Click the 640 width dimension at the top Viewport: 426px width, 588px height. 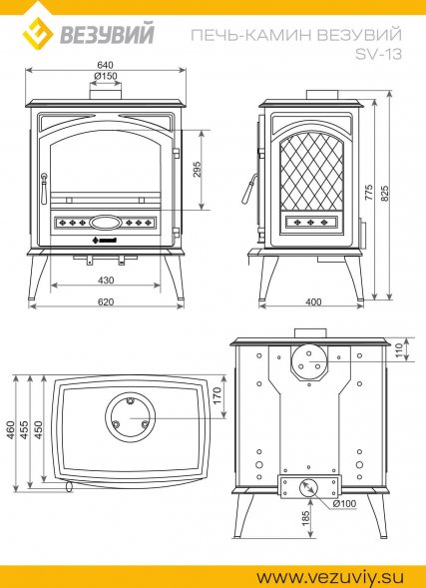[105, 65]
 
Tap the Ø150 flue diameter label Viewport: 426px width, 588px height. [106, 76]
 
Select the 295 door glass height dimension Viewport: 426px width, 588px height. [198, 169]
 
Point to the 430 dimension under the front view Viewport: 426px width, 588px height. [106, 281]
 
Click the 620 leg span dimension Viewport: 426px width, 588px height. [106, 301]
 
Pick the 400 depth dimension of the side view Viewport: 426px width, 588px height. [313, 301]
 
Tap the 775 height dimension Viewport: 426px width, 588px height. [369, 192]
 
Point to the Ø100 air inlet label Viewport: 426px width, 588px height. [344, 504]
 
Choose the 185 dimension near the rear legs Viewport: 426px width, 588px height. [306, 518]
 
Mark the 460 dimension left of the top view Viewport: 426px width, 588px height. [10, 430]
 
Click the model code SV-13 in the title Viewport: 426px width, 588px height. [378, 55]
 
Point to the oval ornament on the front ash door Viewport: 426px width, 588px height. [106, 223]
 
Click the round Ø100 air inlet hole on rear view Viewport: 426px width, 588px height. [308, 488]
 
